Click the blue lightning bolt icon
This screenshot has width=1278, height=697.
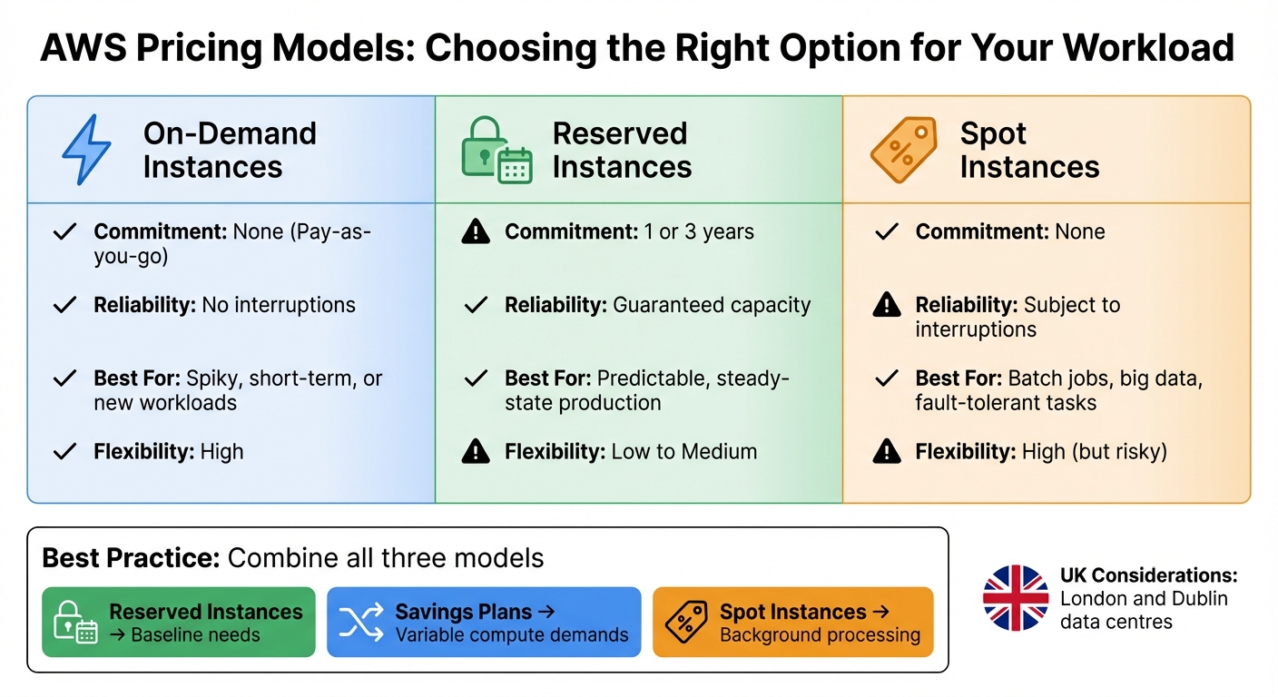tap(86, 150)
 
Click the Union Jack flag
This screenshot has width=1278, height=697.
tap(1016, 597)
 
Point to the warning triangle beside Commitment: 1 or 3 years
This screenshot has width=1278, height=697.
tap(475, 232)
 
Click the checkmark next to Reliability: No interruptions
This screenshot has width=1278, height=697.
tap(64, 305)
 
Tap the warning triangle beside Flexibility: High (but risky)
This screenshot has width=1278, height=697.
tap(886, 451)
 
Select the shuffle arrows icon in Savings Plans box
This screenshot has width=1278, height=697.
tap(360, 623)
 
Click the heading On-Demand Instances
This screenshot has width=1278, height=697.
tap(230, 150)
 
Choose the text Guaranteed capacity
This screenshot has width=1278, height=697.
tap(712, 305)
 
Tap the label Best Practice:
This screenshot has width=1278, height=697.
tap(131, 557)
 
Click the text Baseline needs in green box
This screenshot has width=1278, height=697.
tap(195, 635)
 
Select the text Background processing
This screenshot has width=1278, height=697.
tap(820, 635)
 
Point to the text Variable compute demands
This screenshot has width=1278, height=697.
tap(512, 635)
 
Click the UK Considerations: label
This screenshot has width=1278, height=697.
tap(1148, 575)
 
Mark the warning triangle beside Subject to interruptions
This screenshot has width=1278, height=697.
tap(886, 306)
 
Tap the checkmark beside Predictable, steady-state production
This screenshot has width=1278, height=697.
tap(475, 378)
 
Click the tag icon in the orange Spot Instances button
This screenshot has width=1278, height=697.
tap(686, 623)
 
